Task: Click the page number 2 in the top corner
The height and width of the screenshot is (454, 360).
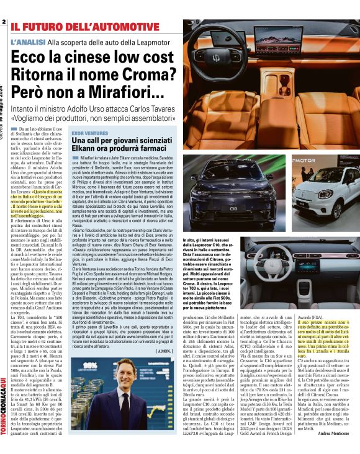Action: tap(4, 22)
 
